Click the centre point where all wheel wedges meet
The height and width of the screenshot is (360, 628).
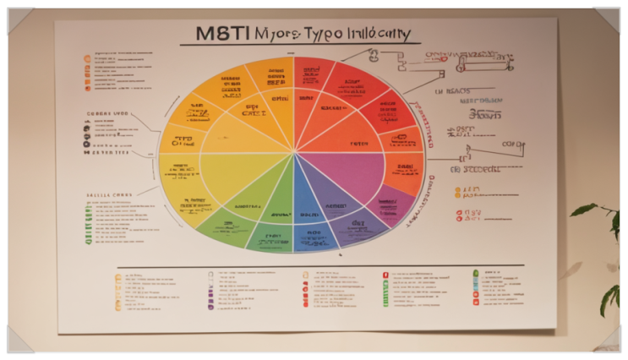[x=294, y=153]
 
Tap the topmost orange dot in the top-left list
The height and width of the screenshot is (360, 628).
[x=87, y=58]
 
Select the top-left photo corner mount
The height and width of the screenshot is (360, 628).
[x=19, y=19]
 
